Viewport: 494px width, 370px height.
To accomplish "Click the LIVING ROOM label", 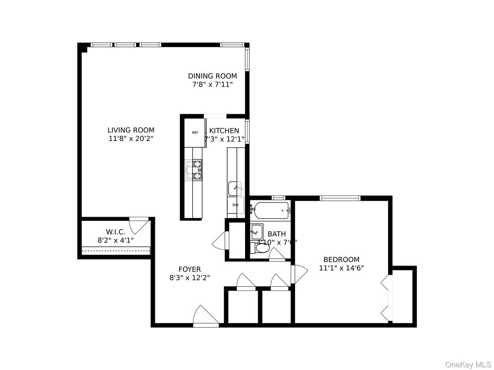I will click(x=131, y=130).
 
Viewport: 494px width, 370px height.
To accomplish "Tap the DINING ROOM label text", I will click(x=212, y=76).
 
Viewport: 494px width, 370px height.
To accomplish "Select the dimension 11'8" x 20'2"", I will click(x=131, y=138).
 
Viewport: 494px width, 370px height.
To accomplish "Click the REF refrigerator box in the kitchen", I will click(x=195, y=133).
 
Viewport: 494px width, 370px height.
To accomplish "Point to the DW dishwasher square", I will click(x=235, y=205).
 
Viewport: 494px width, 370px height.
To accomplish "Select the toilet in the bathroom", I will click(x=262, y=248).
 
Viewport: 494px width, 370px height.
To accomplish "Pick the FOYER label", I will click(x=190, y=269).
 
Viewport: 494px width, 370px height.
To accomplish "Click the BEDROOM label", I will click(x=341, y=260).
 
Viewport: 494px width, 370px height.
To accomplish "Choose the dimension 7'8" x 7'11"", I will click(x=212, y=84).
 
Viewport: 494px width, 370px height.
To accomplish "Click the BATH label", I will click(x=276, y=234).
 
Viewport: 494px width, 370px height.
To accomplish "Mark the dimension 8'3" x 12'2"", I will click(x=190, y=277).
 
